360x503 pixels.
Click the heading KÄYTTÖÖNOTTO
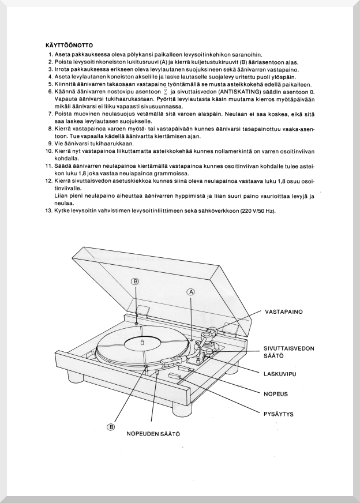tap(70, 44)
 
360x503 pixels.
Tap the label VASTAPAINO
tap(284, 311)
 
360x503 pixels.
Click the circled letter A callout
tap(192, 292)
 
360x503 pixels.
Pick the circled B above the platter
tap(136, 281)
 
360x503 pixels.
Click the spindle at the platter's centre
tap(142, 342)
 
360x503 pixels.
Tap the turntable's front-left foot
tap(73, 377)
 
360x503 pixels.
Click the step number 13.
tap(48, 211)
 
